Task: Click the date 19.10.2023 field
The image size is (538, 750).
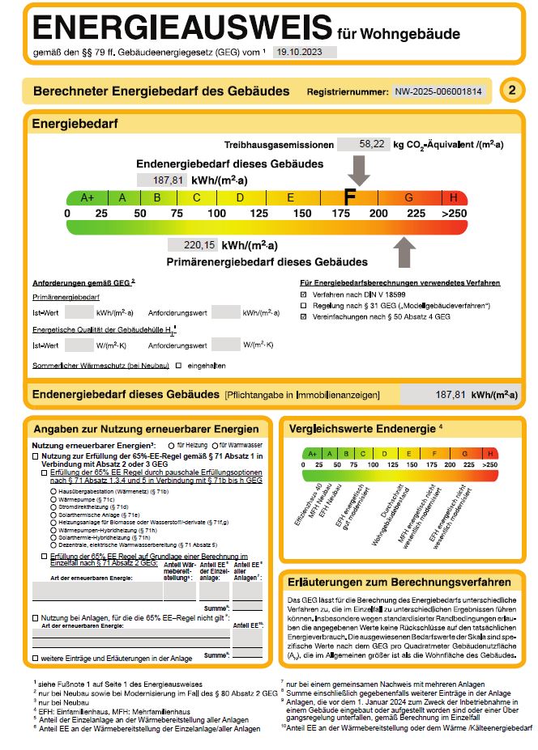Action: [304, 51]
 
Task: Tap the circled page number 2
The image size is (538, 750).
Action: [511, 91]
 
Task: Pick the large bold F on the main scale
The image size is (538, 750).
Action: [350, 197]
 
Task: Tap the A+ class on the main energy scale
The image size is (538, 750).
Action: [88, 197]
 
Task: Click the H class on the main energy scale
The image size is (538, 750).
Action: [454, 197]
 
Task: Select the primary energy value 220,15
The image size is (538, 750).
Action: [193, 245]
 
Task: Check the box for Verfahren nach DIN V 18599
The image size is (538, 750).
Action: [303, 295]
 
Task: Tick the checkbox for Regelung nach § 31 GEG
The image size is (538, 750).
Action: [303, 306]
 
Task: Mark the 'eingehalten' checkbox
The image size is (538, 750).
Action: [179, 366]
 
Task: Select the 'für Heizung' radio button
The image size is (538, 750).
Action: [170, 445]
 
